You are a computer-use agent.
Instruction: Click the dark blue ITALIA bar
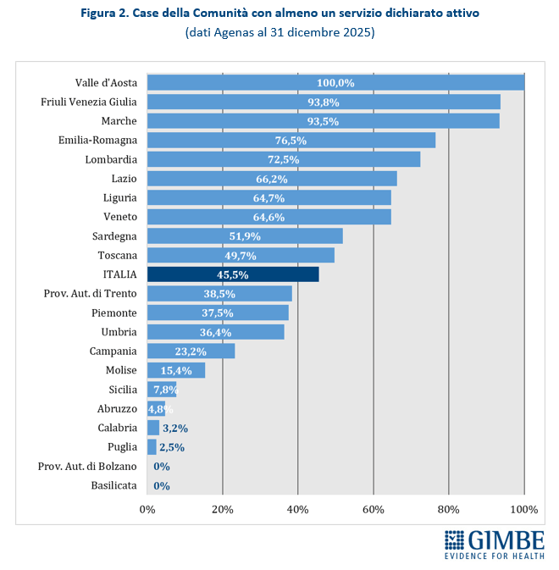click(233, 274)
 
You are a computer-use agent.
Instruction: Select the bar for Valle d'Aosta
click(335, 83)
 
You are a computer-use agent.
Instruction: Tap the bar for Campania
click(191, 351)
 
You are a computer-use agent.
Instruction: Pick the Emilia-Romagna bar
click(291, 141)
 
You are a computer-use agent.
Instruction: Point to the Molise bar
click(176, 370)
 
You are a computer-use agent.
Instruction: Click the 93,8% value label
click(324, 102)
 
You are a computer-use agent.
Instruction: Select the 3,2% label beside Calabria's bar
click(174, 428)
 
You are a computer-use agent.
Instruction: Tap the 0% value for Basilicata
click(162, 485)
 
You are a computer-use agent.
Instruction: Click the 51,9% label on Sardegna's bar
click(245, 236)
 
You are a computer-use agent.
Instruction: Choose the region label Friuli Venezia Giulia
click(89, 102)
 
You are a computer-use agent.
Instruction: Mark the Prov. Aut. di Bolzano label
click(87, 466)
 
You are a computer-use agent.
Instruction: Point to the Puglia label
click(120, 447)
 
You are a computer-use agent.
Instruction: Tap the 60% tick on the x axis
click(374, 509)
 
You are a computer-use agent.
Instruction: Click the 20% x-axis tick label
click(223, 509)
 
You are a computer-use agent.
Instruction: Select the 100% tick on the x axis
click(524, 509)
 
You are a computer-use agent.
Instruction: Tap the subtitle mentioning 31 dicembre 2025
click(279, 33)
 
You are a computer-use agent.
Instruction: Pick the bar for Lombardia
click(283, 159)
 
